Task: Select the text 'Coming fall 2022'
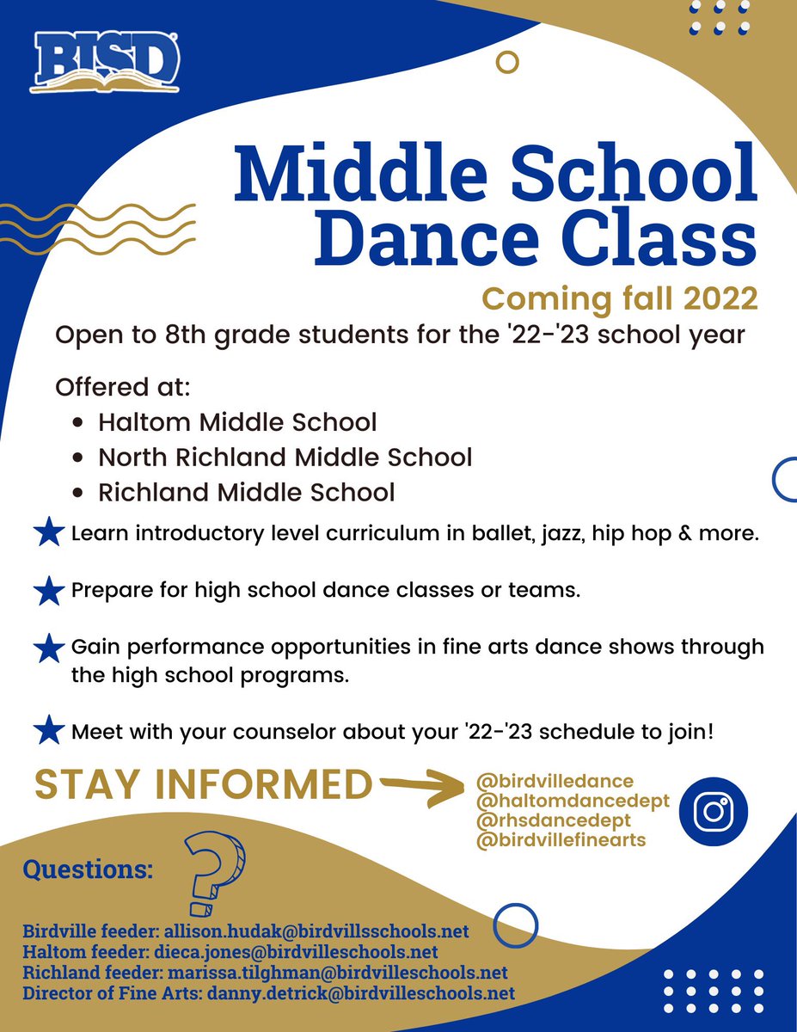click(619, 298)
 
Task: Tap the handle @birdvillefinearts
click(560, 840)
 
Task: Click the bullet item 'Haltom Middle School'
click(236, 422)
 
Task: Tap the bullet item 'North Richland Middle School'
click(285, 457)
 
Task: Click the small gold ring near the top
click(508, 63)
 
